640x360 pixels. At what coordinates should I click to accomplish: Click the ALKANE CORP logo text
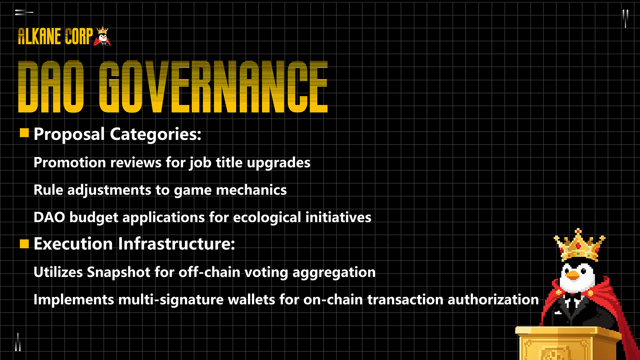pos(55,36)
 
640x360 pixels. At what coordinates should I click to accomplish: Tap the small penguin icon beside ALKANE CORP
pos(102,36)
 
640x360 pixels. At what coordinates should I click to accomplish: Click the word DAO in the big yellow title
pos(51,87)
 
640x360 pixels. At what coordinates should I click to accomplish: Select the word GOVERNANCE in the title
pos(213,87)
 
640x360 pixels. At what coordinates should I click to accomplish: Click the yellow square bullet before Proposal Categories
pos(24,133)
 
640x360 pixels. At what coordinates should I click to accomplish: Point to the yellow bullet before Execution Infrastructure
pos(24,244)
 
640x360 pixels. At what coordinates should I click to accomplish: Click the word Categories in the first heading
pos(156,135)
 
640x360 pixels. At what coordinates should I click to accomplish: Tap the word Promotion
pos(70,163)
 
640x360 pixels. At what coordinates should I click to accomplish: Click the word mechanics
pos(251,190)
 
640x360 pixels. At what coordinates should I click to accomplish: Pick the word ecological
pos(267,218)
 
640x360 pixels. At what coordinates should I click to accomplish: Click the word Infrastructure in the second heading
pos(176,244)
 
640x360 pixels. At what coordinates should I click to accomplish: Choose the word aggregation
pos(334,273)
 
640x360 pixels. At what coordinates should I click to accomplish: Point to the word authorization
pos(493,300)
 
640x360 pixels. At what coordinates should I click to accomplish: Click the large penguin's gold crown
pos(579,245)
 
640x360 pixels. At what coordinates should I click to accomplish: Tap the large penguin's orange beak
pos(573,275)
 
